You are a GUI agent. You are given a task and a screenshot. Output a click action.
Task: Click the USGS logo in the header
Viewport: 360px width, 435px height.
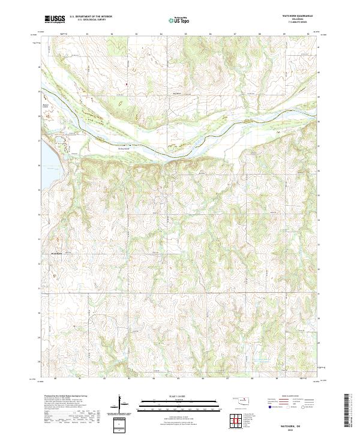[54, 19]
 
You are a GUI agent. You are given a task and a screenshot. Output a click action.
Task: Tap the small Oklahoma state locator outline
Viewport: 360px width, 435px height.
[239, 398]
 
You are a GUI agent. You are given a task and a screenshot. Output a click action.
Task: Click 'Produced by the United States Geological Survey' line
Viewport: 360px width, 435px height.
[65, 397]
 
